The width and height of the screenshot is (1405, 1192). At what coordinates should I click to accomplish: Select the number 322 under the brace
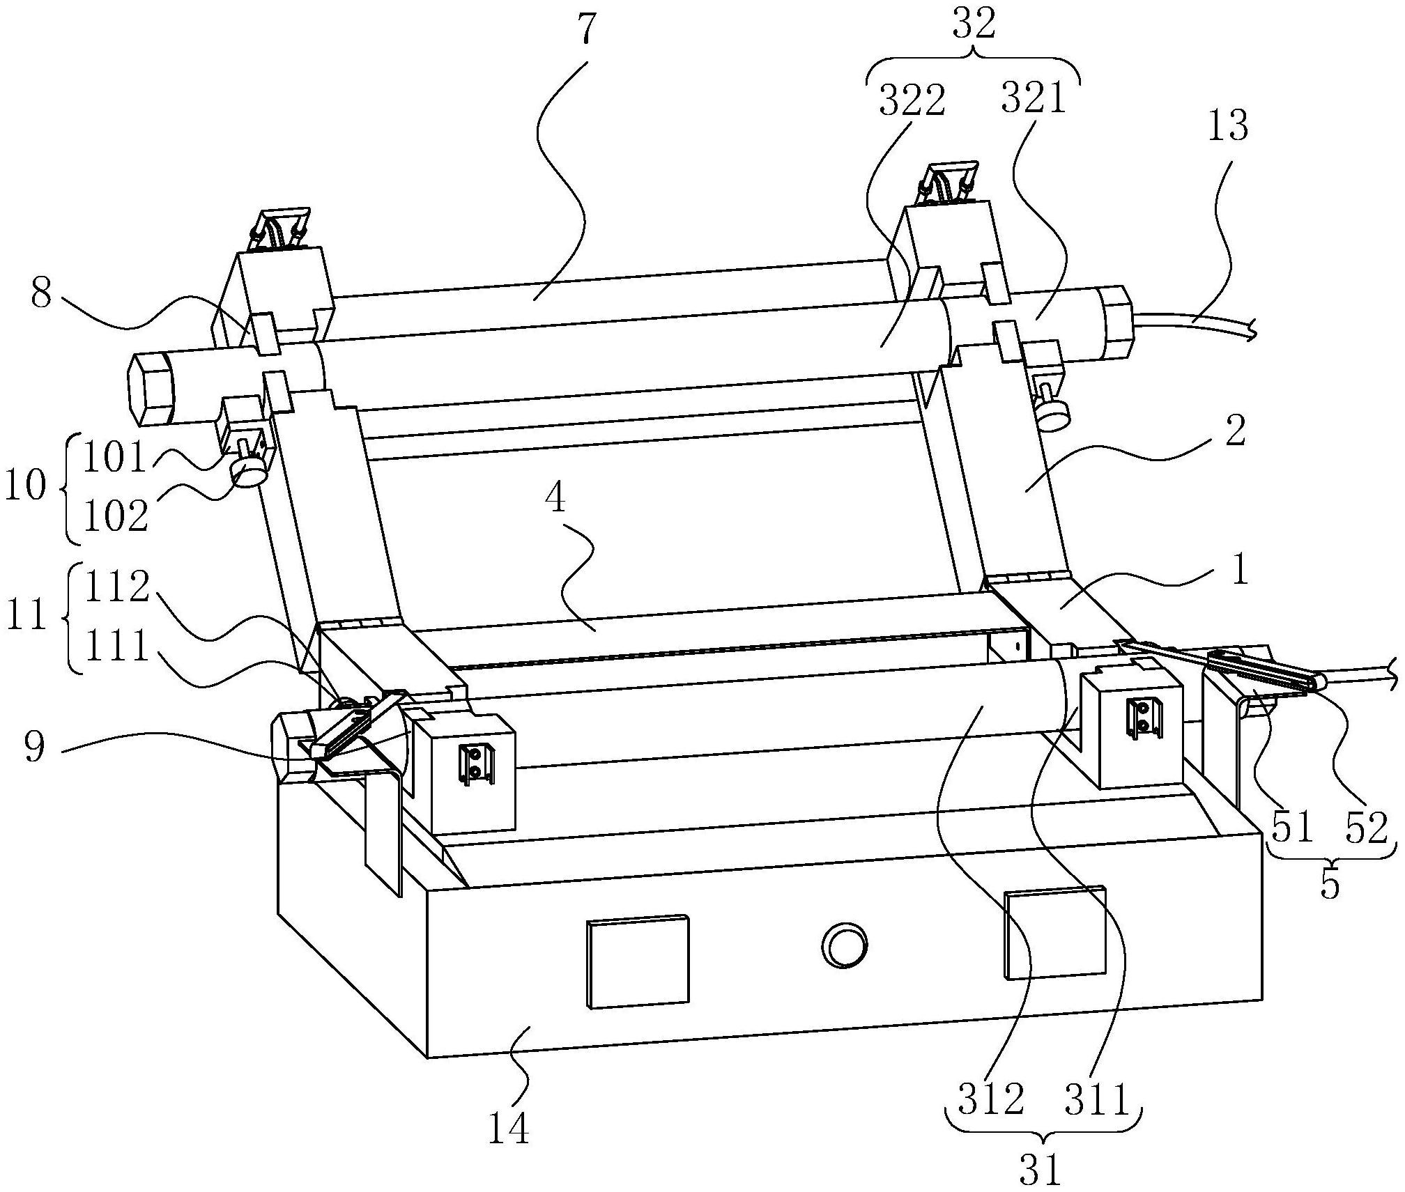(x=912, y=102)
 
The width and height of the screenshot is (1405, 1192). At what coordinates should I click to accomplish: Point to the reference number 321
(x=1034, y=99)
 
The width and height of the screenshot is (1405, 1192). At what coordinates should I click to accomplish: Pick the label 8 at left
(x=41, y=295)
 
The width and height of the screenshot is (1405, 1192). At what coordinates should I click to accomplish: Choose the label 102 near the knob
(x=116, y=516)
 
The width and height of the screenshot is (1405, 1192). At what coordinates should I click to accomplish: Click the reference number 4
(x=555, y=500)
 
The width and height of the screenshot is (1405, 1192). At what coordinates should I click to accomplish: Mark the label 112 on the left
(x=116, y=587)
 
